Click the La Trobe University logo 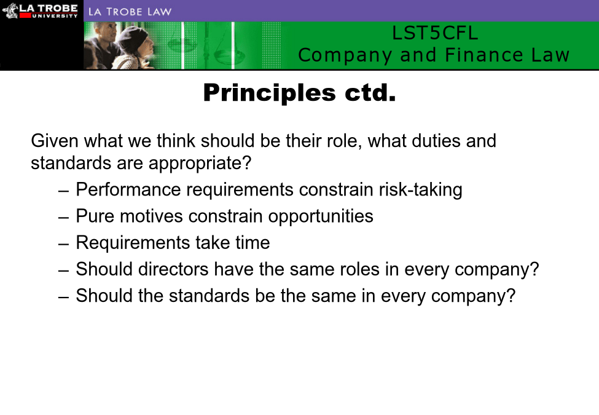40,10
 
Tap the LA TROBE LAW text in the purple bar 130,12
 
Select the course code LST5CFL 435,33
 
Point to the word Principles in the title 269,93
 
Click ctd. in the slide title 370,93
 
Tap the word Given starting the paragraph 55,141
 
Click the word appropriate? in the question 200,164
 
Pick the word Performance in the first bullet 128,189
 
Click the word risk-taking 420,190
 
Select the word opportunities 321,216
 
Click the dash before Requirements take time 64,244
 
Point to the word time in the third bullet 253,243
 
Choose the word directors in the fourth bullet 173,269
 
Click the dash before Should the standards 64,297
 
